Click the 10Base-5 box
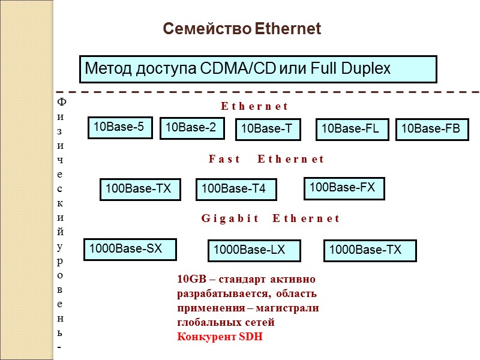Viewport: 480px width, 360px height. pyautogui.click(x=120, y=127)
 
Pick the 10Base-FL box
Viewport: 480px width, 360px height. pyautogui.click(x=352, y=129)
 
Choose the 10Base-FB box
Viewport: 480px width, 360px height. pyautogui.click(x=432, y=129)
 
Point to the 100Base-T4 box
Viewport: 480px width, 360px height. pyautogui.click(x=236, y=190)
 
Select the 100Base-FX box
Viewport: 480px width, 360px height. pyautogui.click(x=344, y=188)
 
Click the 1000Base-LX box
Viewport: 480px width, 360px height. pyautogui.click(x=254, y=251)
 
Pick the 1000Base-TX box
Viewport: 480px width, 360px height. pyautogui.click(x=370, y=250)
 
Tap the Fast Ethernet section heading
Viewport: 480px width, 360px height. pyautogui.click(x=266, y=160)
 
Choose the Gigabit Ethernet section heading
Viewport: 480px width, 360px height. pyautogui.click(x=270, y=218)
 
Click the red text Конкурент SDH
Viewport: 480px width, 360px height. pyautogui.click(x=220, y=337)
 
